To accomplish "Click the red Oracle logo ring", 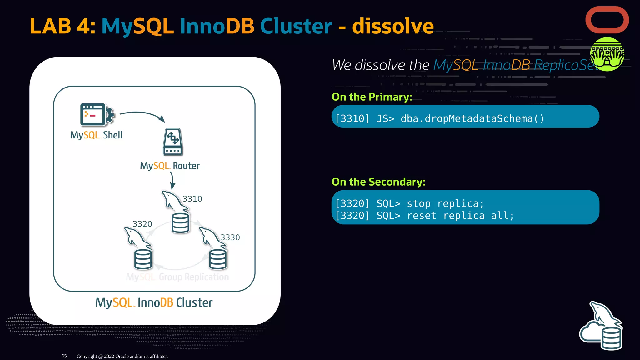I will click(607, 20).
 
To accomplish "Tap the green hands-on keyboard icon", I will click(607, 54).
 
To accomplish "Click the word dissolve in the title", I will click(393, 26).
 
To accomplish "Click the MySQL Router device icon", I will click(172, 142).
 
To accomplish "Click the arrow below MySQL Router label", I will click(172, 181).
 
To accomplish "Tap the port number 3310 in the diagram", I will click(192, 199).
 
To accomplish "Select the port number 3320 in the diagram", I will click(142, 224).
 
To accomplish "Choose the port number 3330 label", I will click(230, 237).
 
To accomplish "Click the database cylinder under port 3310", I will click(180, 223).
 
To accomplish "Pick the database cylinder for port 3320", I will click(143, 259).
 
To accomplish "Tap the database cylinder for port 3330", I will click(218, 259).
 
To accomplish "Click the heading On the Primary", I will click(372, 97).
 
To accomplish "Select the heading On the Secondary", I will click(378, 182).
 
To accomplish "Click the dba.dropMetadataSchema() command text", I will click(472, 119).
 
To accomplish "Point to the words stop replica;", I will click(445, 204).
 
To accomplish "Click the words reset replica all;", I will click(460, 216).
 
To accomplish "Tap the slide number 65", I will click(64, 356).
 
